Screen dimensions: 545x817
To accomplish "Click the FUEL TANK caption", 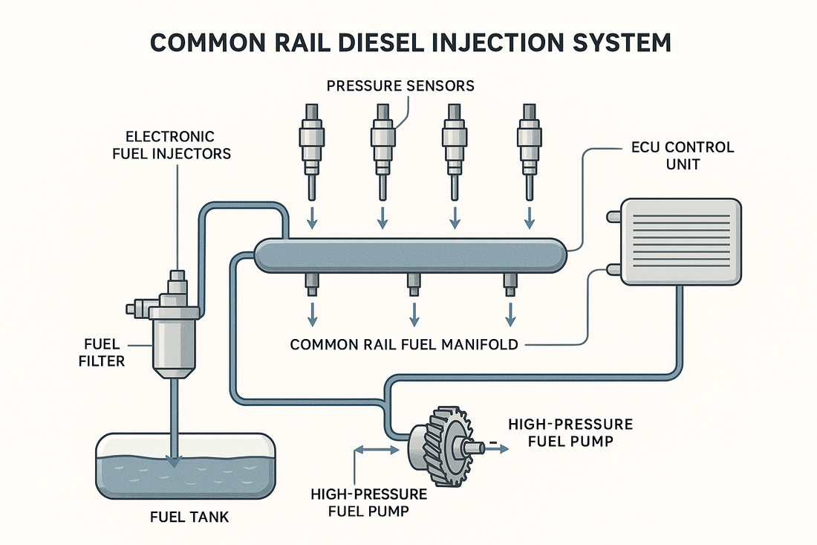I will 183,515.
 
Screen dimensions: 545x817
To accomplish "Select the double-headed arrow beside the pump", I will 377,448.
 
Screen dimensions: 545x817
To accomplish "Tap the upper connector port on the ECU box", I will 613,216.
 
